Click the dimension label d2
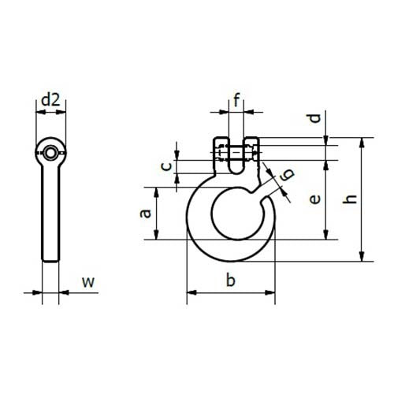51,100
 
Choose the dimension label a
144,213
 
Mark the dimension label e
314,200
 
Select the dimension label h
352,199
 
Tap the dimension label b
230,279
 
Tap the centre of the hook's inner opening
232,213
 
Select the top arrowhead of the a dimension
159,191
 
